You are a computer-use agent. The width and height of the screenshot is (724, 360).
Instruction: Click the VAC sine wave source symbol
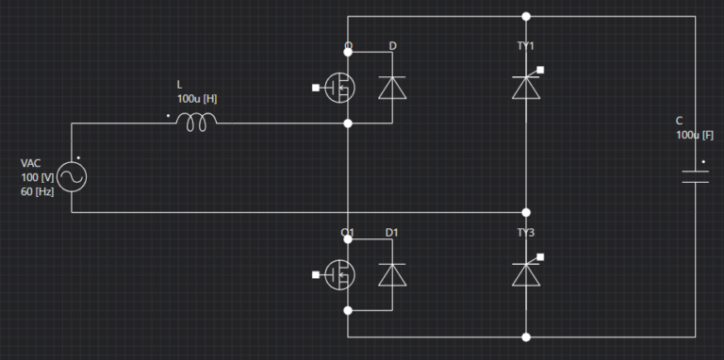[x=72, y=176]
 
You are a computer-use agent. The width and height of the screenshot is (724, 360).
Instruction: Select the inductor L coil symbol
[x=197, y=121]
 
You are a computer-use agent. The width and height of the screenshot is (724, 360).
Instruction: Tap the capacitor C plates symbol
[x=696, y=175]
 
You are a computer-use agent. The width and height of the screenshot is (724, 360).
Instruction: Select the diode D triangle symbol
[x=391, y=88]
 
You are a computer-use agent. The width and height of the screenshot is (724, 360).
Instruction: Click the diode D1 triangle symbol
[x=391, y=274]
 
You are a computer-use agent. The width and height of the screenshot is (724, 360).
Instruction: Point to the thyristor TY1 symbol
[x=525, y=87]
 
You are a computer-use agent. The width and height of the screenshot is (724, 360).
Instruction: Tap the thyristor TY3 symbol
[x=525, y=273]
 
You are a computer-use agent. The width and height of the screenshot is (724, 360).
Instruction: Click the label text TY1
[x=525, y=45]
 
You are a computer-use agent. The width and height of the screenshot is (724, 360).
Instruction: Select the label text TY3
[x=525, y=232]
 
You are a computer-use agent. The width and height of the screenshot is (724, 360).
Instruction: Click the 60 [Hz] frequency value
[x=38, y=192]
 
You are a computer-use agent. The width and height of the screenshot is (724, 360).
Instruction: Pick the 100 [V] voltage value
[x=37, y=178]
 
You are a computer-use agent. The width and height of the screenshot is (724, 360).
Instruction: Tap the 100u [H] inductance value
[x=197, y=98]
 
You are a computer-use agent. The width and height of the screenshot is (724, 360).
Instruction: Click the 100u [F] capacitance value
[x=695, y=135]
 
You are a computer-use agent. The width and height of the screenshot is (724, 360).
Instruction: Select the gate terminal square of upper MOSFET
[x=316, y=88]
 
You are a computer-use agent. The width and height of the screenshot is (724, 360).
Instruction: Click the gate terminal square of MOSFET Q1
[x=316, y=274]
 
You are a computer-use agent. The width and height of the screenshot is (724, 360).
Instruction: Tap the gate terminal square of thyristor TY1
[x=542, y=69]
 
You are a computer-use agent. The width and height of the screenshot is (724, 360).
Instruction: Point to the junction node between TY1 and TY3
[x=526, y=212]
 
